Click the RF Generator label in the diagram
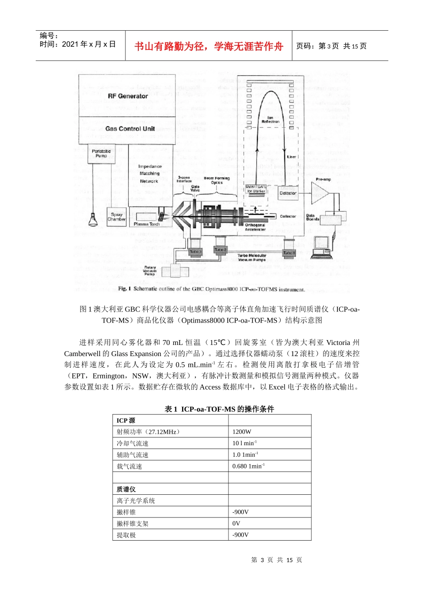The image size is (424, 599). coord(128,96)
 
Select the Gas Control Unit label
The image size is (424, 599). coord(130,129)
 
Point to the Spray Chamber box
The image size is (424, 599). coord(116,217)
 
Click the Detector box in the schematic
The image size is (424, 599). coord(288,193)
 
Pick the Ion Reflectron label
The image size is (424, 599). coord(270,120)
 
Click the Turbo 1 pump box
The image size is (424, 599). coord(289,253)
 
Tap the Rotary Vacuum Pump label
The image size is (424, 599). coord(150,271)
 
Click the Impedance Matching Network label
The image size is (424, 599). coord(150,174)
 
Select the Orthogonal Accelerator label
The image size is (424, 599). coord(255,227)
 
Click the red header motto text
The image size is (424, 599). coord(209,46)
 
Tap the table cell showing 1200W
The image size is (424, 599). coord(242,432)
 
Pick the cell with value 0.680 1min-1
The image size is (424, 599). coord(249,466)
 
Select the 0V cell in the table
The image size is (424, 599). coord(237,524)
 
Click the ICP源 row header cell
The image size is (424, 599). coord(126,420)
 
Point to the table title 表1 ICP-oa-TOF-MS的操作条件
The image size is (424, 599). coord(219,409)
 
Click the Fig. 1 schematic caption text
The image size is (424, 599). coord(212,289)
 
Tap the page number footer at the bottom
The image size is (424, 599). coord(277,560)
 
